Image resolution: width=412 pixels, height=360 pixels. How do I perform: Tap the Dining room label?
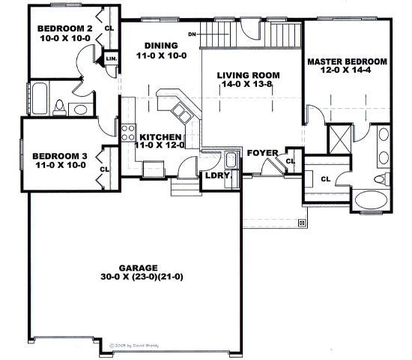point(161,45)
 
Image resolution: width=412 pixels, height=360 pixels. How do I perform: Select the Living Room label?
point(249,75)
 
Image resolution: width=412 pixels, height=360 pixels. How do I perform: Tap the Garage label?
point(137,267)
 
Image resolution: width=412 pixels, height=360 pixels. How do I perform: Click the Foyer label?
point(263,153)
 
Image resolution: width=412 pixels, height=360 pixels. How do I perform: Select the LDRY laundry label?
point(216,176)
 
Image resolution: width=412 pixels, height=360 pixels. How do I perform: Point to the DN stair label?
point(193,34)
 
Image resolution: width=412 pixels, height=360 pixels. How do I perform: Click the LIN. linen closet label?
point(112,58)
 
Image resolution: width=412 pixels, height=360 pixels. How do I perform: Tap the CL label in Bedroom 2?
point(109,28)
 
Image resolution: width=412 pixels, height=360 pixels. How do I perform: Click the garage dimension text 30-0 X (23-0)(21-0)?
point(138,277)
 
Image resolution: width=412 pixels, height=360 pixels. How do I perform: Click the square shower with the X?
point(337,139)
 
